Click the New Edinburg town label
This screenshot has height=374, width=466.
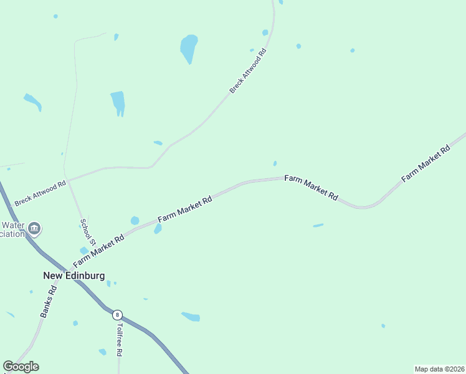pos(74,275)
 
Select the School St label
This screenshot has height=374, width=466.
pos(87,231)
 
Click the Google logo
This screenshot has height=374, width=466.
pos(21,367)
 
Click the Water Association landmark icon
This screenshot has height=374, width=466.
pos(35,229)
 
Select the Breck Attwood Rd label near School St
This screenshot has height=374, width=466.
pos(40,193)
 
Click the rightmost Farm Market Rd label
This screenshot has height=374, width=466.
pos(426,164)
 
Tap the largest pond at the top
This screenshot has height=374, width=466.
pos(189,47)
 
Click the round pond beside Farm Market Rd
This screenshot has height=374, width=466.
pos(135,220)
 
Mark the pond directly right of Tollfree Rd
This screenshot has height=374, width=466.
pos(191,317)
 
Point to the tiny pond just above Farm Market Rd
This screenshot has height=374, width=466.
pos(275,163)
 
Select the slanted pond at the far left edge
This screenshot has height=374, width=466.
pos(32,102)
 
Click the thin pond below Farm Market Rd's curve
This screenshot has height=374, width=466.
pos(318,225)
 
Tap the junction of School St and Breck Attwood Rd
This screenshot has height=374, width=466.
pos(69,180)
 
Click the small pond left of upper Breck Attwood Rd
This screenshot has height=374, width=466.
pos(158,143)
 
